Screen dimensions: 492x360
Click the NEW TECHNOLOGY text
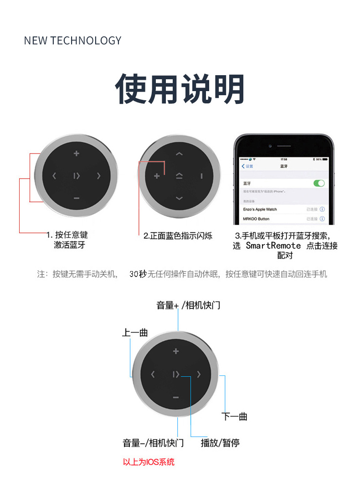(72, 41)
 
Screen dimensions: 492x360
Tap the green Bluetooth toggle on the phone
(319, 183)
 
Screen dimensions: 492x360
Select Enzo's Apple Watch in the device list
(260, 209)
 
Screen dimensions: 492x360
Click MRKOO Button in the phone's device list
(256, 219)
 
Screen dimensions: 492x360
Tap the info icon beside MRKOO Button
(322, 219)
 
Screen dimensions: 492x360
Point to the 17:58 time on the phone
(284, 159)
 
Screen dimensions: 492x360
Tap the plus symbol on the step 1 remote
(77, 154)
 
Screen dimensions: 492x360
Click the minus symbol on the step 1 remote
(77, 198)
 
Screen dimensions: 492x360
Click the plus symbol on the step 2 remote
(157, 176)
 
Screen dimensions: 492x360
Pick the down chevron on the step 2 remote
(179, 198)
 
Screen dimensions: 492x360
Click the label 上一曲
(135, 333)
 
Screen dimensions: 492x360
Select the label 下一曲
(234, 416)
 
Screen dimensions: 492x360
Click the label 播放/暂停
(220, 443)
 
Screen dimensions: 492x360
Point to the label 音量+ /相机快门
(188, 305)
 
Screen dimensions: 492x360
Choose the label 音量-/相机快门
(153, 443)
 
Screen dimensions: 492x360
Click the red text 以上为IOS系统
(149, 462)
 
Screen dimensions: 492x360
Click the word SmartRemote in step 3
(273, 246)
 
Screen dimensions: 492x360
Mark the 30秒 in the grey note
(138, 274)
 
